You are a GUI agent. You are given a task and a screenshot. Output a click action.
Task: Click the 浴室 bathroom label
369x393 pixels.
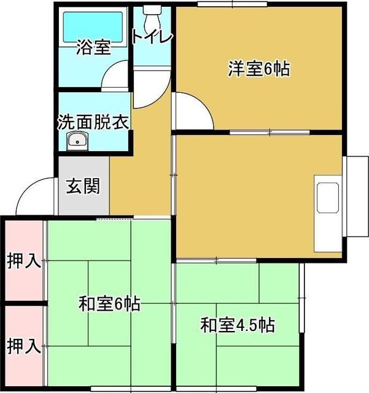pos(93,47)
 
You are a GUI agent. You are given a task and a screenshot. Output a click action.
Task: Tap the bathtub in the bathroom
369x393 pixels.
pos(93,27)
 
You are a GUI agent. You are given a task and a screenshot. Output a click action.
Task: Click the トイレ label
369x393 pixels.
pos(152,37)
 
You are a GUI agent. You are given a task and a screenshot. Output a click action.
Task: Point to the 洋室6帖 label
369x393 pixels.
pos(259,68)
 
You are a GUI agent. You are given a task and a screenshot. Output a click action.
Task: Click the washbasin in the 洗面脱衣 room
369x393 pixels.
pos(77,141)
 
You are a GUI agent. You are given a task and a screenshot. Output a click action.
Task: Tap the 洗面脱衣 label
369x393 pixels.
pos(93,122)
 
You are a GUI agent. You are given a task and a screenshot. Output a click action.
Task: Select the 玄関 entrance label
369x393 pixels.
pos(83,186)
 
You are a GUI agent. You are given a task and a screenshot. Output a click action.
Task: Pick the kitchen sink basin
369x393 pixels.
pos(328,198)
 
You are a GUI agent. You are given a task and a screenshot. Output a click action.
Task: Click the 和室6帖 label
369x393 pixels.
pos(109,303)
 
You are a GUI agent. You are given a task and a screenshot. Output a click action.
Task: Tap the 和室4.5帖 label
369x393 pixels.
pos(238,325)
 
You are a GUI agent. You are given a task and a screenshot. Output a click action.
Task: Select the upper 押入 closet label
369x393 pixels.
pos(24,260)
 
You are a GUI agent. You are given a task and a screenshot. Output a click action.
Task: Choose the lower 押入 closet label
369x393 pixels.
pos(24,346)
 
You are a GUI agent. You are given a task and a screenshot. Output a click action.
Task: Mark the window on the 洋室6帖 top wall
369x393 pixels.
pos(232,4)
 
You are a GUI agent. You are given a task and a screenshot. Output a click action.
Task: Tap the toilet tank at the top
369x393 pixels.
pos(152,10)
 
